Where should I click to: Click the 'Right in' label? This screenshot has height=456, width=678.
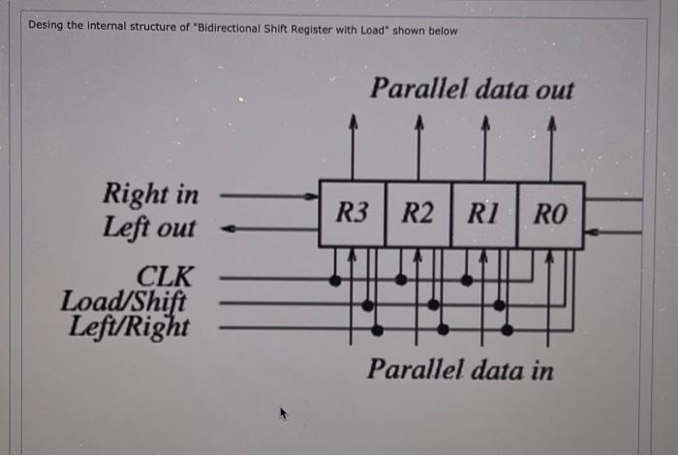[x=151, y=195]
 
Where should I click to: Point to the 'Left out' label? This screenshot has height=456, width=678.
[x=149, y=228]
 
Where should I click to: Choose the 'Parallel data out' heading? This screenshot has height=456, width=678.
[x=472, y=90]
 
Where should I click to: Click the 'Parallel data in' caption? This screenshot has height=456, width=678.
[x=460, y=370]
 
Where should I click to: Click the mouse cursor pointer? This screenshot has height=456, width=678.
[x=284, y=414]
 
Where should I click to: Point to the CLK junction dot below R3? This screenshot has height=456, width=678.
[x=335, y=281]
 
